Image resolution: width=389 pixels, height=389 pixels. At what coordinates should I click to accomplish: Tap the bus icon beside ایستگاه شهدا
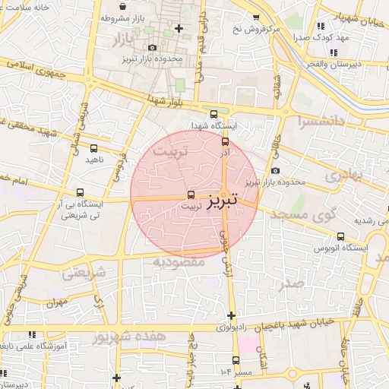[213, 114]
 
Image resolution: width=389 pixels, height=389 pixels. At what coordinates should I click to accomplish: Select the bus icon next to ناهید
[93, 149]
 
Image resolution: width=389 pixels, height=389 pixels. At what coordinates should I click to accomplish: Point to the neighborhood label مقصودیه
[179, 261]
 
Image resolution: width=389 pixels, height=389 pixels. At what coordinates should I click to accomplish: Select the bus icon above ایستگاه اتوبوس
[340, 236]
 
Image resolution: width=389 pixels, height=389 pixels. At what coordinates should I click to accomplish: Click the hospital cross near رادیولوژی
[231, 315]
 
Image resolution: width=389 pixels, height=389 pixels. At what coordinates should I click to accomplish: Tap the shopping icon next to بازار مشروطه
[138, 17]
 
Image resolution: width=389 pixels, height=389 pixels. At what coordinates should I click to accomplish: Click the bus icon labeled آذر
[224, 141]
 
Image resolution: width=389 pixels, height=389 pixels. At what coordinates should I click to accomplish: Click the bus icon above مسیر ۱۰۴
[236, 360]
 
